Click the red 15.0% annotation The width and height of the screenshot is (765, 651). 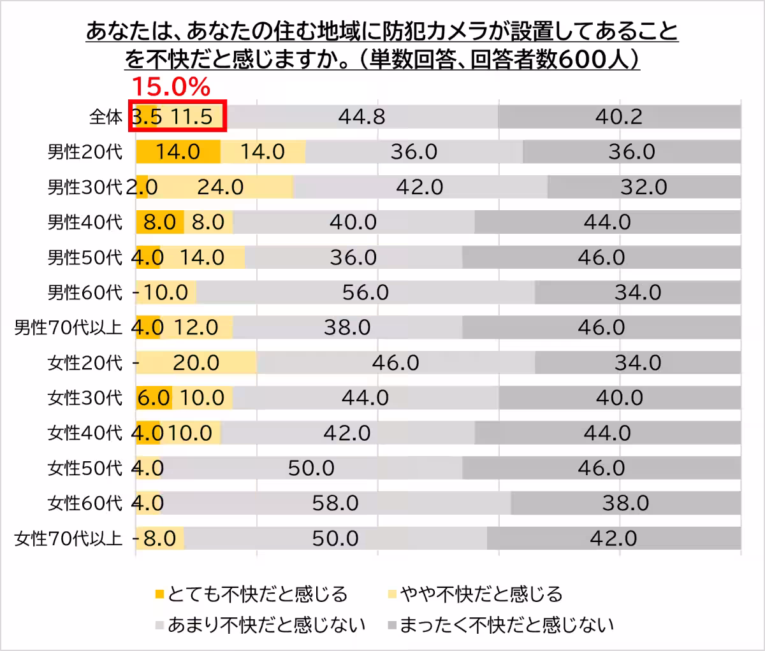(170, 86)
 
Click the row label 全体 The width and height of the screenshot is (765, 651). (106, 117)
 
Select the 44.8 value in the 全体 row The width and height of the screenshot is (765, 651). (361, 117)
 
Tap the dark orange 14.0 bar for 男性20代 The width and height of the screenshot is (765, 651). (178, 152)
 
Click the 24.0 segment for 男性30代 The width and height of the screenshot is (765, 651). (220, 187)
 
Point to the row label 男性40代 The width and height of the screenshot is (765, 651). (85, 222)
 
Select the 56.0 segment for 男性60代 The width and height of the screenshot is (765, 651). (365, 292)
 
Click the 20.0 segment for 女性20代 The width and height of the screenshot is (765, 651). (196, 363)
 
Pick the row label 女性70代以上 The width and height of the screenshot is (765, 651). (68, 539)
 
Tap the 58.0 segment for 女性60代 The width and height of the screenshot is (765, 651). (335, 504)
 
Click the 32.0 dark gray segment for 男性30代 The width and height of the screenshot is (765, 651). (644, 187)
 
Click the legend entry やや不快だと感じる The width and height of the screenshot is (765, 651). (481, 594)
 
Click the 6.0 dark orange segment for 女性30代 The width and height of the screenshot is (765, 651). (154, 398)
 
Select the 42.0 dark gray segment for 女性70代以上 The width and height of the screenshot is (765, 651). (613, 539)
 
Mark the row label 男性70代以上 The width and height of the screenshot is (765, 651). (68, 328)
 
